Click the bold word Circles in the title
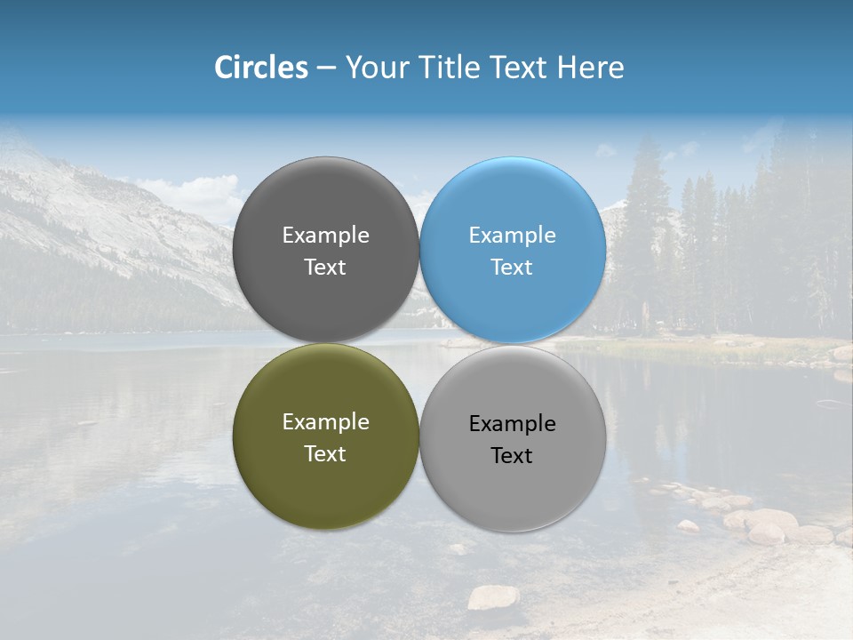[x=261, y=68]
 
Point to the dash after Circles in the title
[x=326, y=68]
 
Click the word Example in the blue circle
[x=513, y=236]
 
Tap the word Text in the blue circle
[x=512, y=268]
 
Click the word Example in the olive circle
[x=325, y=422]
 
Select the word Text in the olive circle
[x=325, y=454]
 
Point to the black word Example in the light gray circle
[x=513, y=424]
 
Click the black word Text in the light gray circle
[x=512, y=456]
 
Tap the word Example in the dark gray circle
[x=325, y=236]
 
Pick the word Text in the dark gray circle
[x=325, y=268]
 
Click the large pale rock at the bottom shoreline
[x=493, y=597]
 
